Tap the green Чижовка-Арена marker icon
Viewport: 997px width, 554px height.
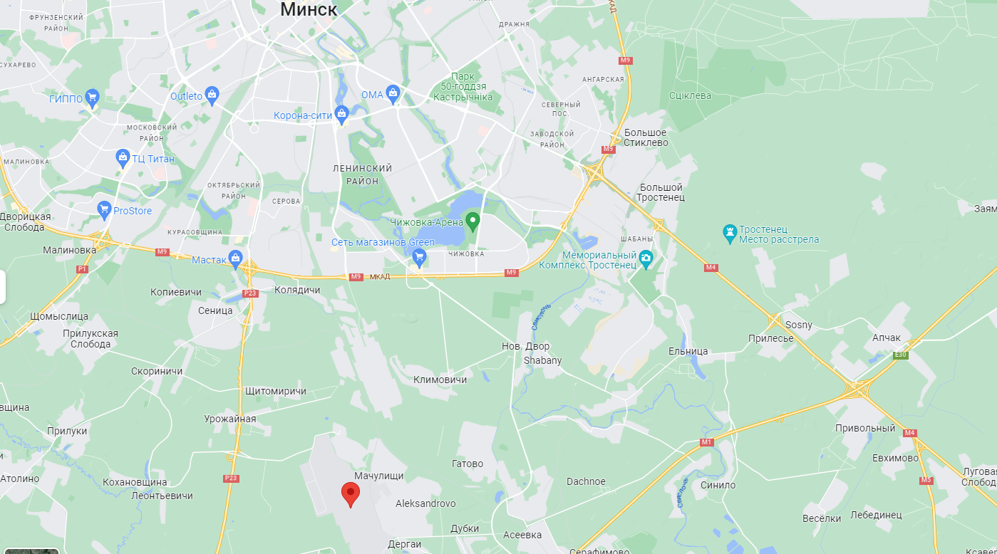(472, 220)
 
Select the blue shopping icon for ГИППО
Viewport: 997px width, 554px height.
(91, 97)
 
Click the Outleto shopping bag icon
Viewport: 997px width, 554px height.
(212, 94)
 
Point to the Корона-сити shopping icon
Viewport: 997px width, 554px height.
(341, 113)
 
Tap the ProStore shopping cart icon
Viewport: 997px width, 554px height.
(104, 209)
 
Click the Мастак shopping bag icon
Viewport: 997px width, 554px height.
(235, 258)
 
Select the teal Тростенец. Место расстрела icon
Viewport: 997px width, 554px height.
(729, 232)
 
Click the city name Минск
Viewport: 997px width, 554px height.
(309, 9)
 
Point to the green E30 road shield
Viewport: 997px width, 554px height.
(902, 354)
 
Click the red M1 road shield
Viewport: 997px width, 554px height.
(706, 442)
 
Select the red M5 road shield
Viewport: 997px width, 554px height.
(926, 479)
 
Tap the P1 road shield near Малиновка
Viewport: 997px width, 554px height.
(81, 269)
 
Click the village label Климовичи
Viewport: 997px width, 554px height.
(440, 380)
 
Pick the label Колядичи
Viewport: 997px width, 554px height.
(297, 290)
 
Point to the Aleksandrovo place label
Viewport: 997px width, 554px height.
(425, 503)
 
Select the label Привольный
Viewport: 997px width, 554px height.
(864, 428)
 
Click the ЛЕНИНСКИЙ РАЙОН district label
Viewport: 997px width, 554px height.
(363, 174)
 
